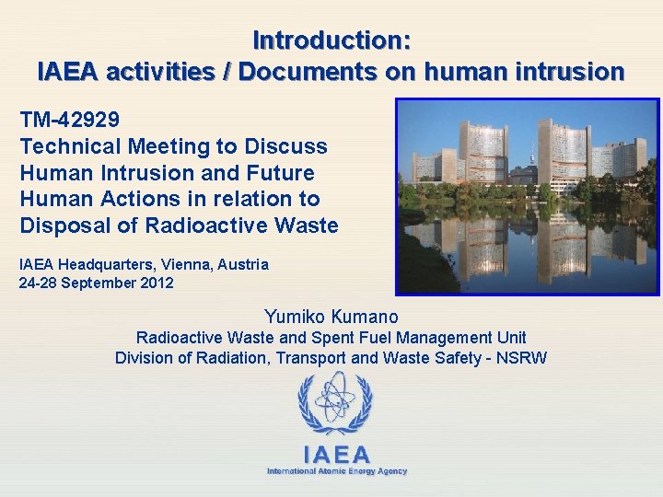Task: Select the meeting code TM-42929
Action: pyautogui.click(x=69, y=120)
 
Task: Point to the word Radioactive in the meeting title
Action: pyautogui.click(x=167, y=225)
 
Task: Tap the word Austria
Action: pyautogui.click(x=242, y=264)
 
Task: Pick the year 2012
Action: pyautogui.click(x=157, y=283)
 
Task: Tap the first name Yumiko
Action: pyautogui.click(x=293, y=318)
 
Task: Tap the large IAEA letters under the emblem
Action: pyautogui.click(x=336, y=454)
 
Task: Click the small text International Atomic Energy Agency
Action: pyautogui.click(x=336, y=471)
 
